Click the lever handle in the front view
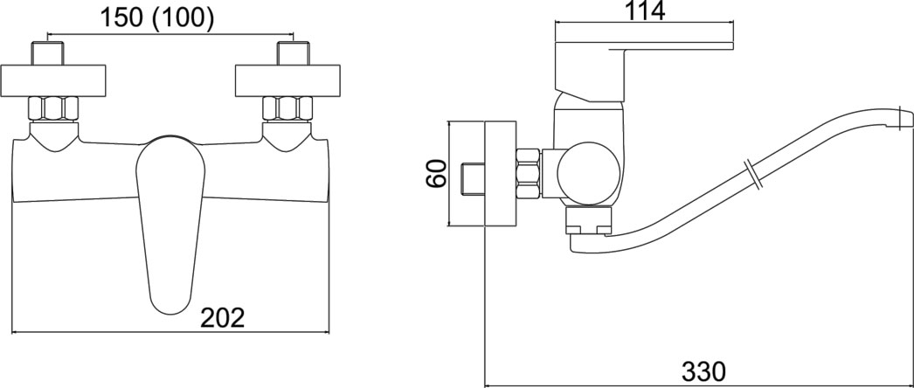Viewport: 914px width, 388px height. (x=170, y=218)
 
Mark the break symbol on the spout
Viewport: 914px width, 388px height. (x=753, y=173)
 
